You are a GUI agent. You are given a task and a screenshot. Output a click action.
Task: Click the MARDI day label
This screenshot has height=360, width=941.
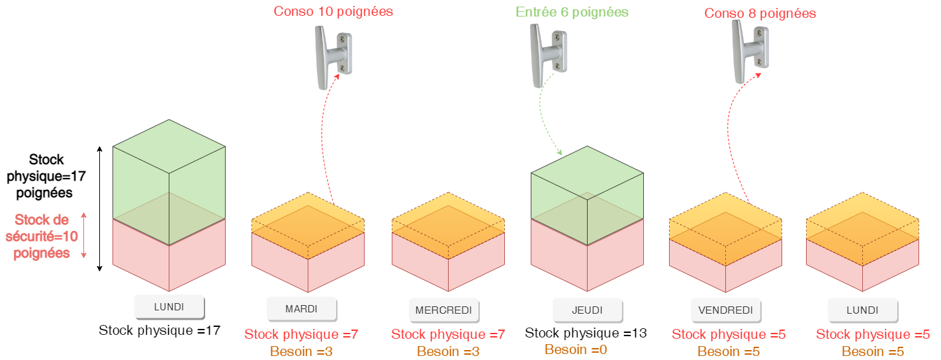[x=301, y=308]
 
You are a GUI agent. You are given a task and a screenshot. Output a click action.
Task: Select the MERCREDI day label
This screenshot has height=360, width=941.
[x=443, y=310]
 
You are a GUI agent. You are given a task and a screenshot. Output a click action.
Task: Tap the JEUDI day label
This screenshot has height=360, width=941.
[x=587, y=309]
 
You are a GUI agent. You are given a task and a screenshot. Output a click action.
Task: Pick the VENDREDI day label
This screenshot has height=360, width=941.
[x=725, y=310]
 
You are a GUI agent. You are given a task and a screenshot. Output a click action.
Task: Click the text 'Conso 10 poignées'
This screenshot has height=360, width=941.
[x=334, y=11]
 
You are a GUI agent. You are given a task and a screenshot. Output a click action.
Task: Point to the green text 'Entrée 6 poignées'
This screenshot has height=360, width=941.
[x=572, y=12]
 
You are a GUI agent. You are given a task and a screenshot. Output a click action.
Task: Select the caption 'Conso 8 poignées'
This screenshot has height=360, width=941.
[x=760, y=13]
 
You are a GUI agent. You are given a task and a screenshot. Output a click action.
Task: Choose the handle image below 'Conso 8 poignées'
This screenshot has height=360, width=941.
[x=750, y=52]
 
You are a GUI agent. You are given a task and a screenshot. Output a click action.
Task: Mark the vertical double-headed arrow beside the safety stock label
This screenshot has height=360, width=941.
[x=84, y=236]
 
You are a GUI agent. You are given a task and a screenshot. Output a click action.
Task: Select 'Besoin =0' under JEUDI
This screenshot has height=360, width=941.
[x=576, y=349]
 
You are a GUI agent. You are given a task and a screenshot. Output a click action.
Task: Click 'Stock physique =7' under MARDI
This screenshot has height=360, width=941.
[x=301, y=334]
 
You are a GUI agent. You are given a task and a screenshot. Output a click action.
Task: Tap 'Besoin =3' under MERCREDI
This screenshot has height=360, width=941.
[x=448, y=351]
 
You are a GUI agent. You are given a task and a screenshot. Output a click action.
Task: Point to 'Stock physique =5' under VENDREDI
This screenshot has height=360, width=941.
[x=729, y=335]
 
